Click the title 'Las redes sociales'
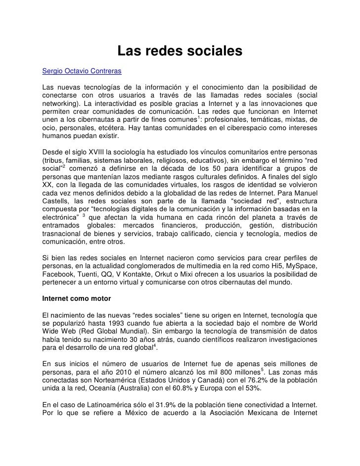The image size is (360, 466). coord(180,51)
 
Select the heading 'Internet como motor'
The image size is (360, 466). coord(76,299)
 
